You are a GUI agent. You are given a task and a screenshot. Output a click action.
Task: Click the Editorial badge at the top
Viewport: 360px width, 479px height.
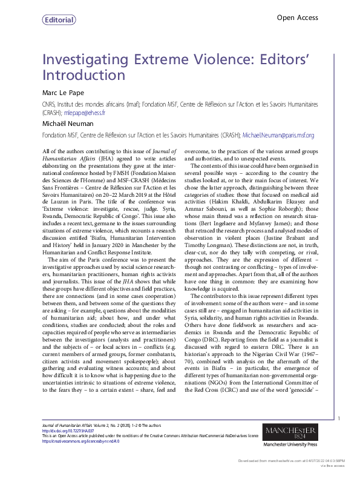pyautogui.click(x=59, y=20)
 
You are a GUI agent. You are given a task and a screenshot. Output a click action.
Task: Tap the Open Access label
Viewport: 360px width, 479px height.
pyautogui.click(x=297, y=18)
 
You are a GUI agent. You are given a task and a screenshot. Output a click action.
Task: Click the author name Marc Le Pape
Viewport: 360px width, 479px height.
pyautogui.click(x=64, y=93)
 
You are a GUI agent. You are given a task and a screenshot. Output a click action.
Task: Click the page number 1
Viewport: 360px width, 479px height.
pyautogui.click(x=339, y=418)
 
